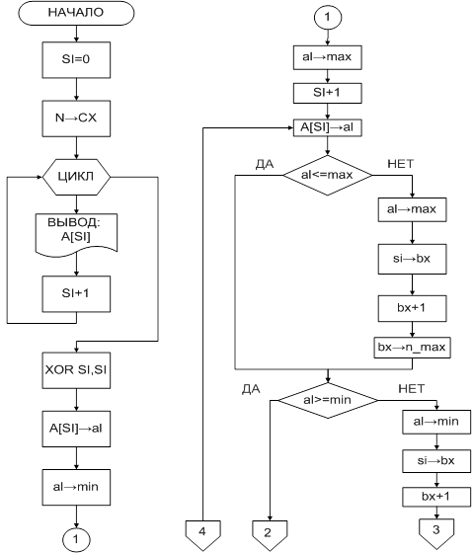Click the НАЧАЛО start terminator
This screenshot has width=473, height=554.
(76, 13)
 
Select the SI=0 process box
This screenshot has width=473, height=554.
(76, 59)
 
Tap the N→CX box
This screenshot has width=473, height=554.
(76, 119)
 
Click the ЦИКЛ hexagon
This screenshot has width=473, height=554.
(76, 177)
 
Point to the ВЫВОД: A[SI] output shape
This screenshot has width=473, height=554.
(76, 234)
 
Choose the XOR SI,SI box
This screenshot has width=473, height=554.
(76, 370)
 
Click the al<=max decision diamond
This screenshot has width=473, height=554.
(328, 175)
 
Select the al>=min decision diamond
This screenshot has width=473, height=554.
(328, 400)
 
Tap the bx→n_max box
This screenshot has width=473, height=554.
(412, 348)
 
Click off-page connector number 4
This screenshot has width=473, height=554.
(203, 534)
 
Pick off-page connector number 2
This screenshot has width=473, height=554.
(270, 535)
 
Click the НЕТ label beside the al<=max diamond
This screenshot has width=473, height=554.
(401, 164)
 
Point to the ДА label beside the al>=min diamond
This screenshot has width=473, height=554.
(251, 389)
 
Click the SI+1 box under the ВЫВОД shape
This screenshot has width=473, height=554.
(76, 294)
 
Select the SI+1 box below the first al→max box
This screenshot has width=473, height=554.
(328, 93)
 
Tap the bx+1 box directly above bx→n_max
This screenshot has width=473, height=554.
(412, 308)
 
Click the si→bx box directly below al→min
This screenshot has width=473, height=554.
(436, 461)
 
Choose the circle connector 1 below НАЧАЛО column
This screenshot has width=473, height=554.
(76, 539)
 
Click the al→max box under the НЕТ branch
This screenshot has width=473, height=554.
(412, 209)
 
